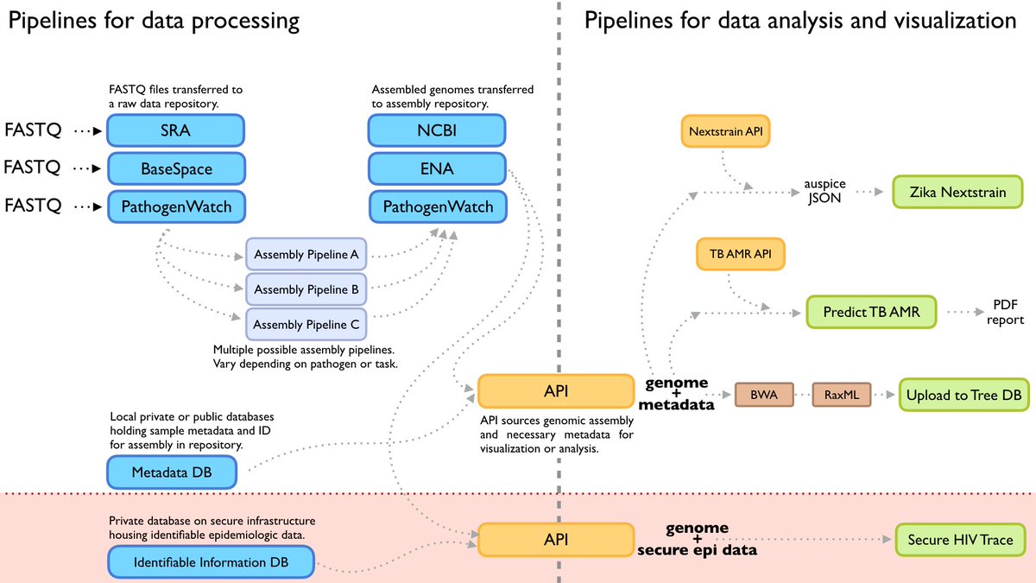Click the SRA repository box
pyautogui.click(x=176, y=131)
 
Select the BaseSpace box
pyautogui.click(x=176, y=168)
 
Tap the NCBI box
pyautogui.click(x=437, y=131)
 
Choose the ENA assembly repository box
pyautogui.click(x=437, y=168)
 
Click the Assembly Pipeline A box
pyautogui.click(x=306, y=255)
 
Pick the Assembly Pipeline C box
pyautogui.click(x=306, y=325)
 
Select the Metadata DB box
pyautogui.click(x=171, y=472)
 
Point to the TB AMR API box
pyautogui.click(x=741, y=256)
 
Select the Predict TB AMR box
pyautogui.click(x=870, y=312)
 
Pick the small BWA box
pyautogui.click(x=763, y=394)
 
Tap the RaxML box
pyautogui.click(x=842, y=394)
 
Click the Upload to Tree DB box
pyautogui.click(x=963, y=395)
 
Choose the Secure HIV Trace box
pyautogui.click(x=960, y=540)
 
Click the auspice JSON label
pyautogui.click(x=825, y=192)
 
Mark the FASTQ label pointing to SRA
pyautogui.click(x=34, y=132)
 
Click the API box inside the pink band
pyautogui.click(x=555, y=540)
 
